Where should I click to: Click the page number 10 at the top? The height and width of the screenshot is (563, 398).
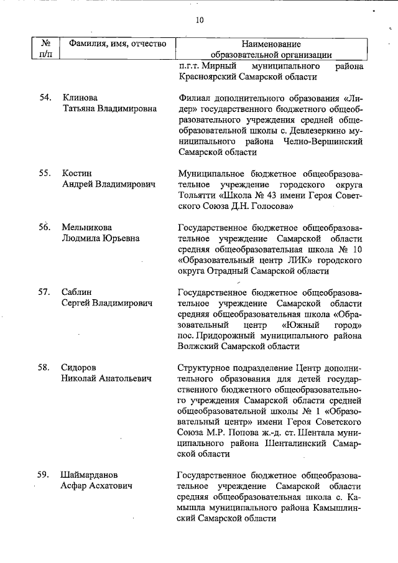[199, 20]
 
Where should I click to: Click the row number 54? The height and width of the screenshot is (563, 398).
[43, 98]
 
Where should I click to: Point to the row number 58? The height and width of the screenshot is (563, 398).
[43, 367]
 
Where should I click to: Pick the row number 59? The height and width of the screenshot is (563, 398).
[43, 475]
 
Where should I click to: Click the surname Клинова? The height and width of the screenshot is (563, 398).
[80, 98]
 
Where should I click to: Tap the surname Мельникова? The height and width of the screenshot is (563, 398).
[87, 227]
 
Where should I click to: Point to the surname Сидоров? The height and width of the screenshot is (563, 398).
[81, 367]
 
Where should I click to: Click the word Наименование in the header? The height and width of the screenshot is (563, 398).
[270, 44]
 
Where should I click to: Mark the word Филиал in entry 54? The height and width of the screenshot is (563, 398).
[194, 98]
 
